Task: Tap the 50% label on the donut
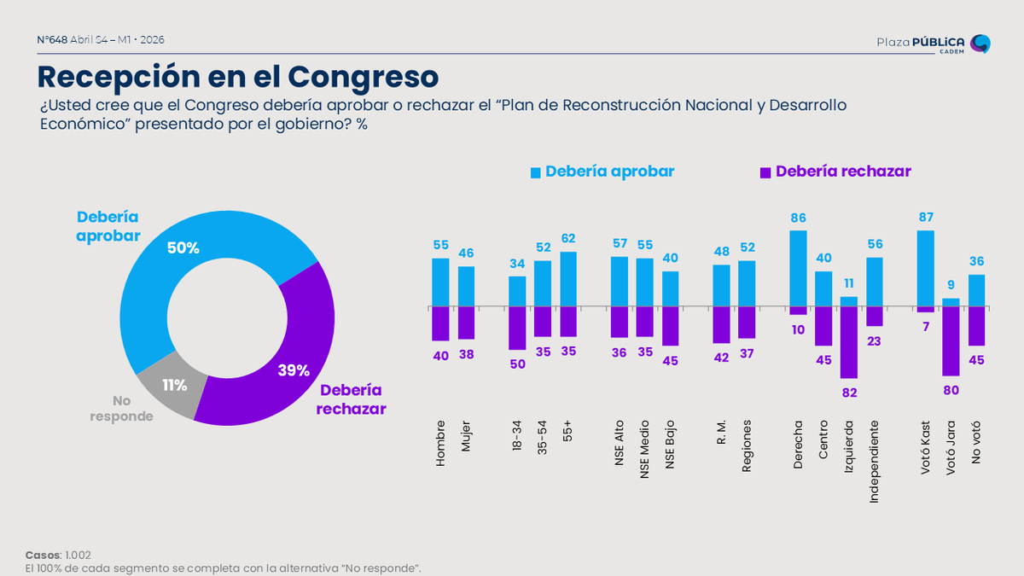(x=183, y=248)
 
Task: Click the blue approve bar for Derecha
(x=798, y=268)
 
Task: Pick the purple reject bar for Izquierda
(x=848, y=341)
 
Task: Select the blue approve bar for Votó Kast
(x=926, y=268)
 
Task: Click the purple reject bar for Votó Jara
(x=951, y=340)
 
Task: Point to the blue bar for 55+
(x=568, y=279)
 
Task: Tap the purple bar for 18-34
(x=517, y=328)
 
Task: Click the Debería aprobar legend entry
(x=602, y=172)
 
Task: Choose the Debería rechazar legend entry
(x=835, y=172)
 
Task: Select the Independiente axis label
(x=874, y=460)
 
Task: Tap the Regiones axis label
(x=747, y=445)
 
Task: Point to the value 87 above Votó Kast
(x=926, y=218)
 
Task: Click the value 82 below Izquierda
(x=848, y=393)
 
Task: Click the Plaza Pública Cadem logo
(x=934, y=44)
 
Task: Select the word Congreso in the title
(x=363, y=76)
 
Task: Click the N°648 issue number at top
(x=52, y=39)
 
